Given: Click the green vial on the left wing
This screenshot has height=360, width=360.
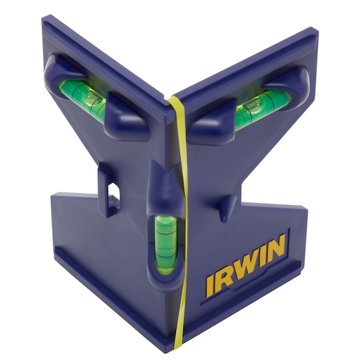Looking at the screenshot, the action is (83, 96).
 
